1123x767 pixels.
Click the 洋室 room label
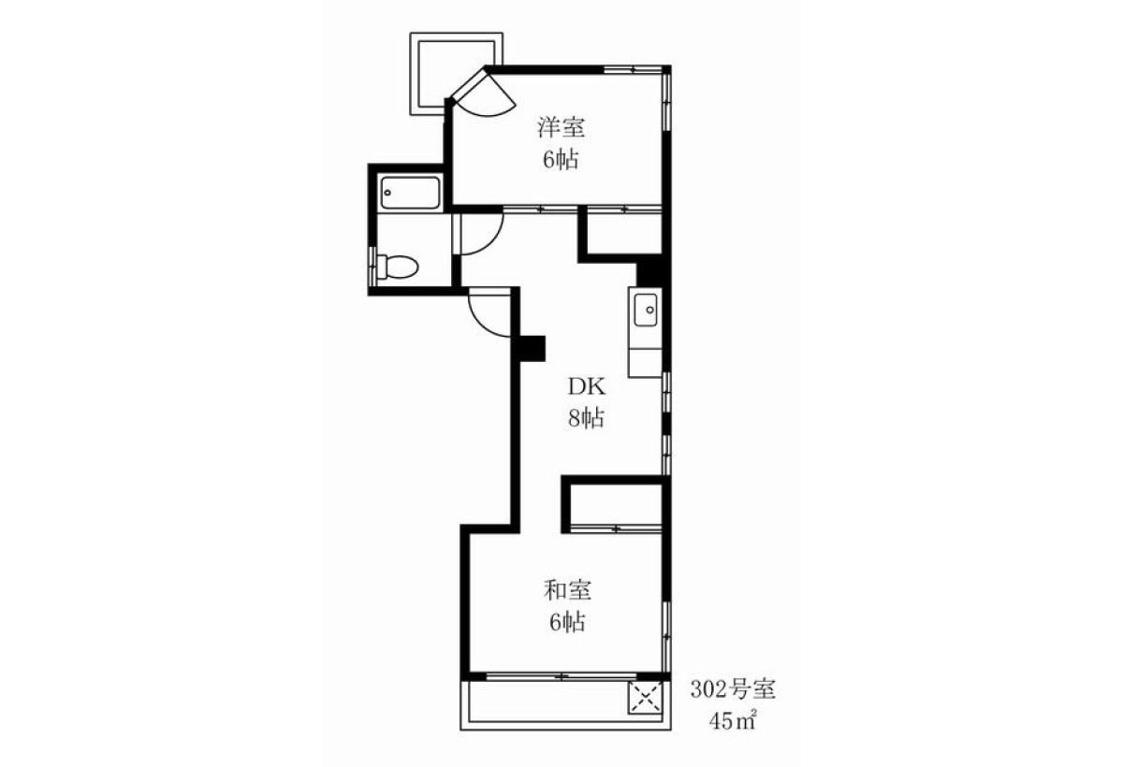tap(561, 127)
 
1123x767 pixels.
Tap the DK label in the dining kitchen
tap(587, 386)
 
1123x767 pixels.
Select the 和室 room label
tap(567, 590)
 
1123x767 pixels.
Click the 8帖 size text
tap(586, 417)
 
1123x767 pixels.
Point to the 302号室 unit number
tap(733, 689)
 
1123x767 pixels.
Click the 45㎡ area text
tap(733, 721)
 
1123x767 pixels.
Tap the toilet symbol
tap(397, 267)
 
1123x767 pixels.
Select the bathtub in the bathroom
tap(410, 193)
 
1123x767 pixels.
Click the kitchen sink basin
tap(647, 311)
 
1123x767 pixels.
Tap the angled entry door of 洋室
tap(482, 95)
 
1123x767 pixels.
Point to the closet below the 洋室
tap(624, 233)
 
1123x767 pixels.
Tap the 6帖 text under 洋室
tap(561, 159)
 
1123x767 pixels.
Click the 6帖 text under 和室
tap(567, 622)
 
